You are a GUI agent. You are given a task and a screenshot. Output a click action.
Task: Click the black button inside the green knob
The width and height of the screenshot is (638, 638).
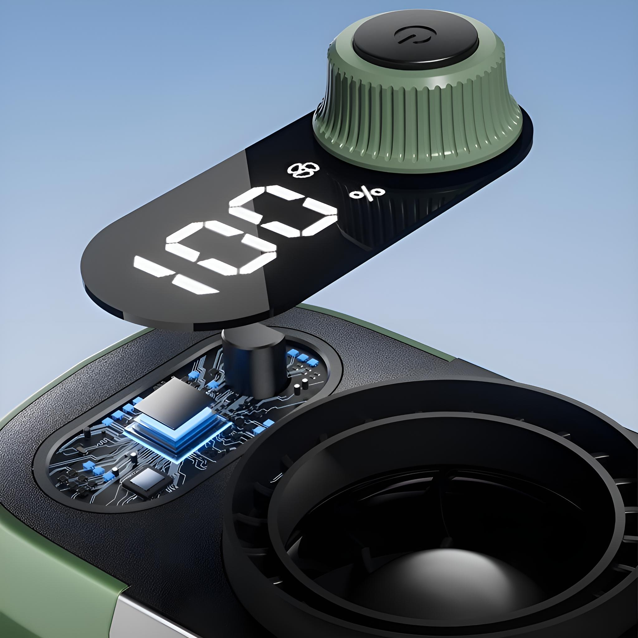tap(416, 43)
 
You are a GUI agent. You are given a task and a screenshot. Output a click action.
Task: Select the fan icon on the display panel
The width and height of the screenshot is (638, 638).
tap(301, 169)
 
